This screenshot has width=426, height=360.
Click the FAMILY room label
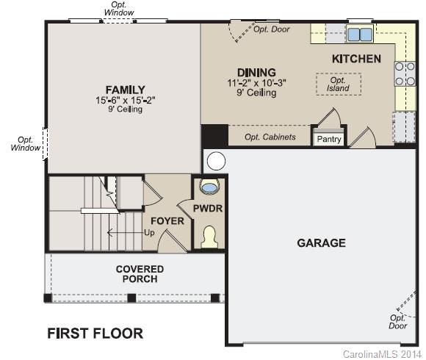click(x=124, y=90)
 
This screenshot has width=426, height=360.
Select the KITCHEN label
click(x=356, y=59)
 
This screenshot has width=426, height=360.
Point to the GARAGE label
click(x=321, y=243)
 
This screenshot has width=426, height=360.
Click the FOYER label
click(x=168, y=221)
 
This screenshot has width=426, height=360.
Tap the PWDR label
click(x=208, y=209)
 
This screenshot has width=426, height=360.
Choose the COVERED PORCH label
click(x=140, y=274)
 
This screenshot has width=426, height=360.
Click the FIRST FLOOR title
click(x=95, y=334)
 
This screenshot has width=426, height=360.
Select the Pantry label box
click(x=329, y=138)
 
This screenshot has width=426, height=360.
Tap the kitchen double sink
click(x=358, y=34)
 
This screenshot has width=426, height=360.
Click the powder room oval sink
click(x=209, y=187)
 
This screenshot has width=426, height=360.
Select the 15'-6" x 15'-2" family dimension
click(x=125, y=100)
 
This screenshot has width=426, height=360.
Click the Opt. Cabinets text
click(x=270, y=137)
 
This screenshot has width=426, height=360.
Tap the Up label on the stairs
click(x=150, y=233)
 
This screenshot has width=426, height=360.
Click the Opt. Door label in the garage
click(x=397, y=322)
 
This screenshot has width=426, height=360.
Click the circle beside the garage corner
click(x=216, y=162)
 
